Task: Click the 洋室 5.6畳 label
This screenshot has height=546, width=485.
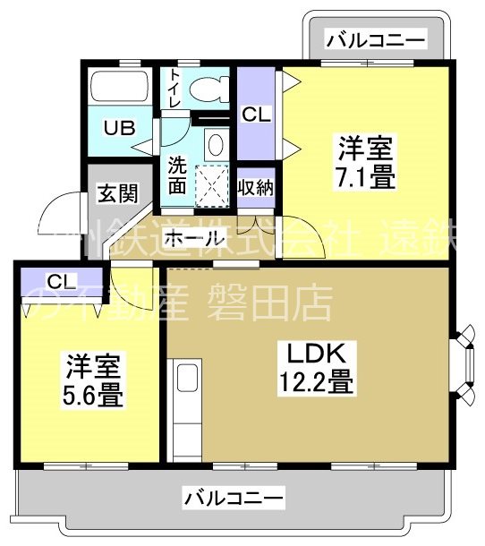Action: (92, 380)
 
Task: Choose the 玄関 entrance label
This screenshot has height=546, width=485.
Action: (117, 192)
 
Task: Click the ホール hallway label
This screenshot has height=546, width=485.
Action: (195, 239)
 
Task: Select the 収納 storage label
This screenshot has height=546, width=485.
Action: (257, 188)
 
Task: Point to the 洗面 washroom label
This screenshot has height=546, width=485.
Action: (176, 175)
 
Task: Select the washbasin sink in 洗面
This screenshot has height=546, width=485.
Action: (215, 143)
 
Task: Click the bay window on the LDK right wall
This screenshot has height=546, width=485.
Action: (466, 365)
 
